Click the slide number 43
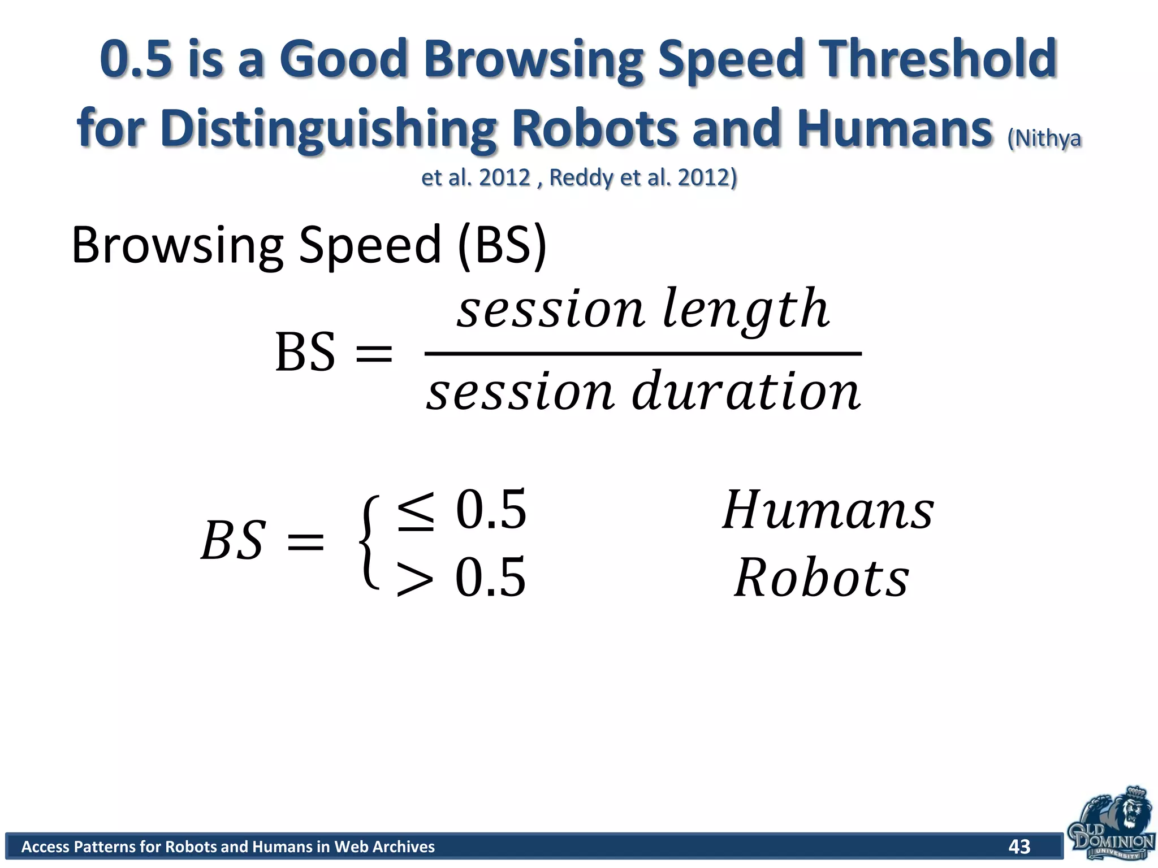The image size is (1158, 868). [x=1019, y=846]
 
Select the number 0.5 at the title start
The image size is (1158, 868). [x=136, y=59]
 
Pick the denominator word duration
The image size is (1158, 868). [x=746, y=391]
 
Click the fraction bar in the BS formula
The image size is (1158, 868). [x=643, y=354]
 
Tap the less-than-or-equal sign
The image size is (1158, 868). [x=416, y=511]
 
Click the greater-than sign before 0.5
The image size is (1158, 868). [x=416, y=578]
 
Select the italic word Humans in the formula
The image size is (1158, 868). [x=828, y=510]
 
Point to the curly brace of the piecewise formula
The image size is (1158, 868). [x=369, y=542]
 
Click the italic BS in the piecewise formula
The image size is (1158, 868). [x=232, y=541]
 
